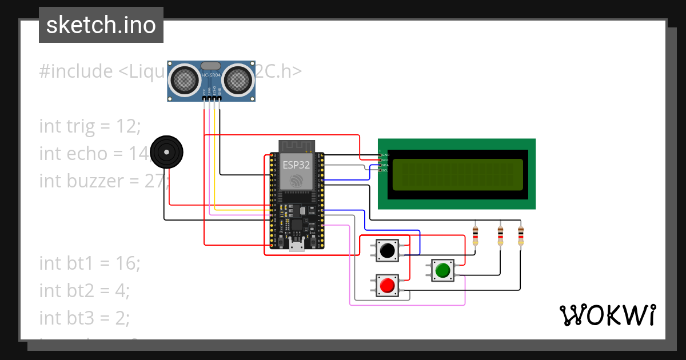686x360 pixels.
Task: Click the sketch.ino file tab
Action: pos(101,25)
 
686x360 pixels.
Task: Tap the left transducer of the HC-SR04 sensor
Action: pos(185,79)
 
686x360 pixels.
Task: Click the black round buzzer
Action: pos(166,152)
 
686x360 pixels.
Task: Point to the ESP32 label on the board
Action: pos(297,165)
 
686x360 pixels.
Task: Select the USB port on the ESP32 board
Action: pos(297,246)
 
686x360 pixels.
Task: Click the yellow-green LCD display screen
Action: pos(457,175)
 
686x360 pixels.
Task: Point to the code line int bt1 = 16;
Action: pos(90,263)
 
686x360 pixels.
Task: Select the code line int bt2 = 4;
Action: pos(85,290)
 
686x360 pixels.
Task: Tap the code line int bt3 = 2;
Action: pos(85,317)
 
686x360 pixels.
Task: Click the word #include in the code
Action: pos(76,71)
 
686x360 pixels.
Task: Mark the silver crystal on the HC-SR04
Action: pos(210,66)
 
